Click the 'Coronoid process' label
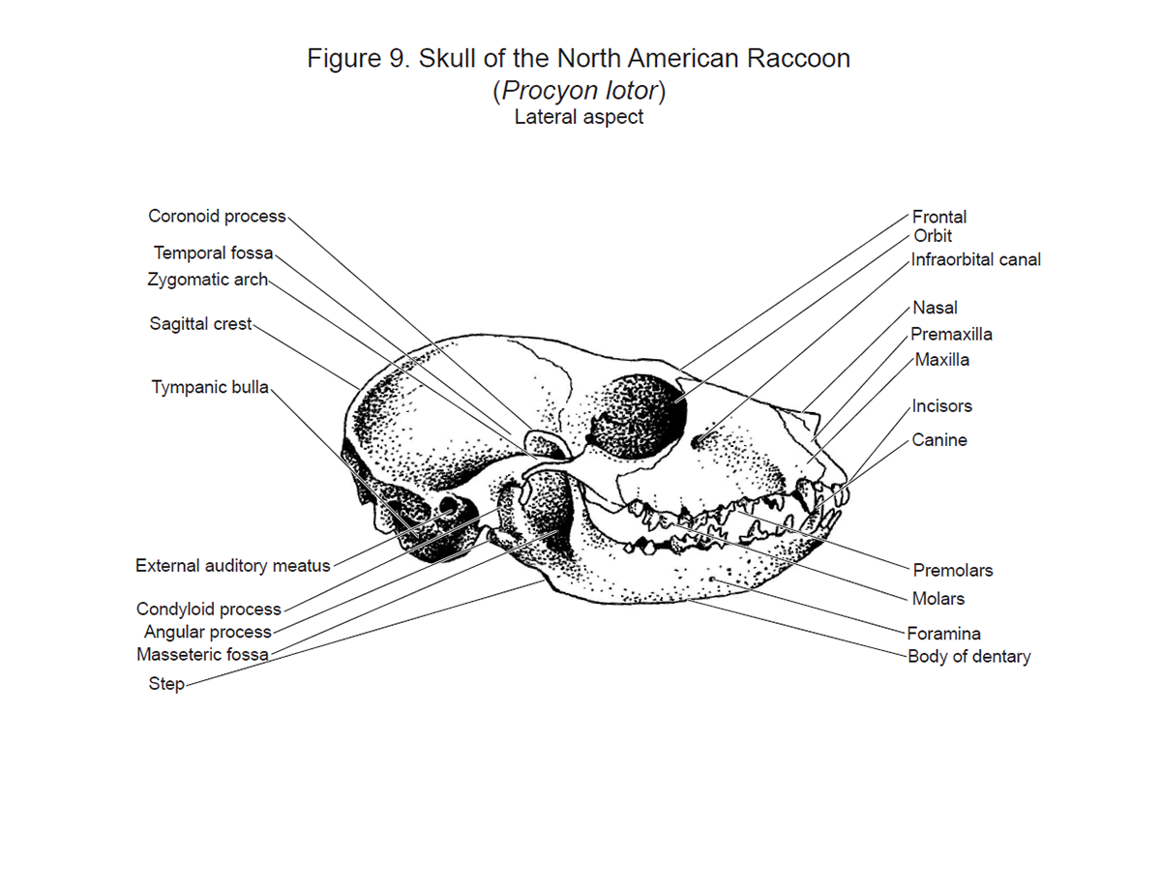point(217,216)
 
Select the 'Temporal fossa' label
point(213,253)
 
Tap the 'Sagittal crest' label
point(200,324)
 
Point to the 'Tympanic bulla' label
point(210,387)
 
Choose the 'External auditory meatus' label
point(233,566)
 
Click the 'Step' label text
point(166,684)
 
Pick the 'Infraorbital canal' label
point(975,259)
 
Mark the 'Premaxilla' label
point(951,335)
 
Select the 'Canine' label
point(939,440)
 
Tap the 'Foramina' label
point(944,634)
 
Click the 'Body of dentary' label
point(969,657)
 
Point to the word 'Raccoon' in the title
point(798,58)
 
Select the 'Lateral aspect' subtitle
point(579,116)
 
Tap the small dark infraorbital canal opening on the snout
point(698,442)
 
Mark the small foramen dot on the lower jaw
point(712,579)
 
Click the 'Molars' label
point(938,599)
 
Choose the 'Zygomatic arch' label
point(207,280)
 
